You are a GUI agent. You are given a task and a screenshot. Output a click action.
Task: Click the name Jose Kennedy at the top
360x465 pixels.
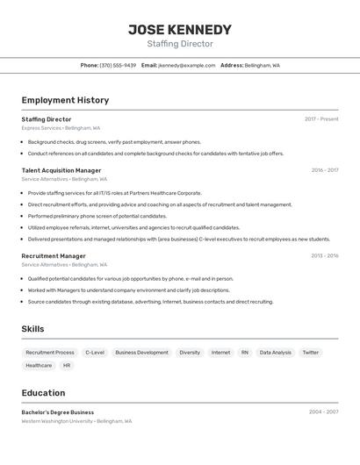[x=180, y=29]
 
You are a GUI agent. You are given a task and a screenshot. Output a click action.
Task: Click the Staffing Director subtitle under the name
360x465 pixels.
[x=180, y=44]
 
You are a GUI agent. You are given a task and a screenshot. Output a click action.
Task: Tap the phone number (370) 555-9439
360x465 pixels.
[x=118, y=65]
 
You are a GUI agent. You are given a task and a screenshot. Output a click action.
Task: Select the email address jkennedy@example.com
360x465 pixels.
[x=186, y=65]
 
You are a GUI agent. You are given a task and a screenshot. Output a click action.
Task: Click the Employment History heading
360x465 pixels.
[x=65, y=100]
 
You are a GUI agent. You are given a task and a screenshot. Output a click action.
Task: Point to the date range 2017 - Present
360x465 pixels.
[x=321, y=119]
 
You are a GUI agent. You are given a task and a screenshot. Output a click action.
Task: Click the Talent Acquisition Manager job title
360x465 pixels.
[x=61, y=170]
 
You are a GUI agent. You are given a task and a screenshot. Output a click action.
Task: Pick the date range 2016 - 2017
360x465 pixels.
[x=325, y=170]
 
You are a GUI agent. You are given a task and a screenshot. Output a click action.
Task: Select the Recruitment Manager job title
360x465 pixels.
[x=54, y=256]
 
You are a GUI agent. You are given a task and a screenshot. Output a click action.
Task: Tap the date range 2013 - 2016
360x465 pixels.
[x=325, y=256]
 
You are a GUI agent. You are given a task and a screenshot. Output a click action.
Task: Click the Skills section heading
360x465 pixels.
[x=33, y=329]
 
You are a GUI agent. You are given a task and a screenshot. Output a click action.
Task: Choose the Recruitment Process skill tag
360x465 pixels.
[x=50, y=352]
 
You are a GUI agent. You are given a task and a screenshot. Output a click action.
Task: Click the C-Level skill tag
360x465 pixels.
[x=95, y=352]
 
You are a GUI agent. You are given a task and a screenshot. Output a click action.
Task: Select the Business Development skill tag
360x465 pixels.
[x=141, y=352]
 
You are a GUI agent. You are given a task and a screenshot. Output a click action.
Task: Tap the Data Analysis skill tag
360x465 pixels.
[x=275, y=352]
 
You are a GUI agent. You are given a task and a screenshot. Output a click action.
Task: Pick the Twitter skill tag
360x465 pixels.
[x=311, y=352]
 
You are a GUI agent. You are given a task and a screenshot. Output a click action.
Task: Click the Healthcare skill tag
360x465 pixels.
[x=39, y=365]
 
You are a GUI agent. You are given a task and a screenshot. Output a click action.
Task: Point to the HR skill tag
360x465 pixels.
[x=67, y=365]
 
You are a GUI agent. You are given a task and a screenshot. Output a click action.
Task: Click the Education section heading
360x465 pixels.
[x=44, y=393]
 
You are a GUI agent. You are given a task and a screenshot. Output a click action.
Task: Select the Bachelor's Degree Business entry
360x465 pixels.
[x=58, y=411]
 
